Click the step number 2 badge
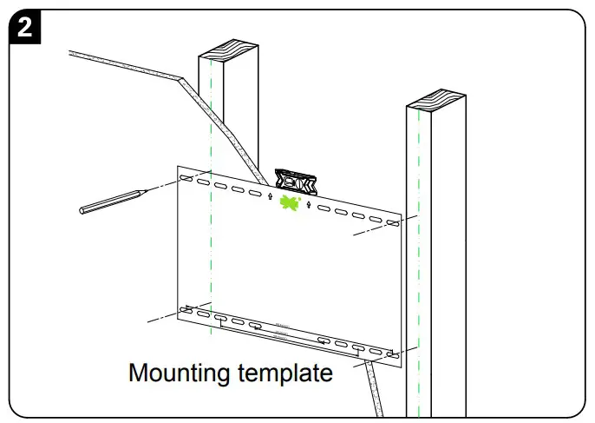pos(26,27)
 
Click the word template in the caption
pos(285,374)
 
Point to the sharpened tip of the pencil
pos(144,190)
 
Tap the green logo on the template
pos(290,203)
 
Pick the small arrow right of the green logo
pos(309,206)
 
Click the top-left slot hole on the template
pos(185,179)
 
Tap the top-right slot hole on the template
pos(392,224)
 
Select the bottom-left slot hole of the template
pos(185,308)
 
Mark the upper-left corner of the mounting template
pos(177,167)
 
